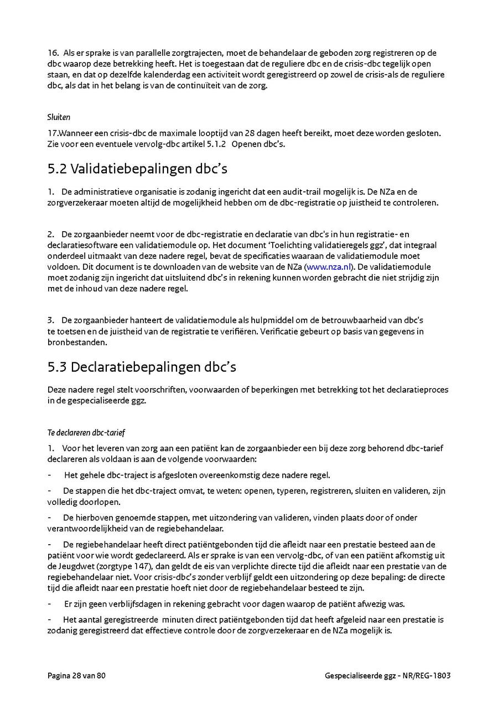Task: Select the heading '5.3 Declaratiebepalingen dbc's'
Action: point(142,367)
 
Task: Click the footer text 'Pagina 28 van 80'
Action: point(76,675)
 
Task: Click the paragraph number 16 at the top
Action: point(53,53)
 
